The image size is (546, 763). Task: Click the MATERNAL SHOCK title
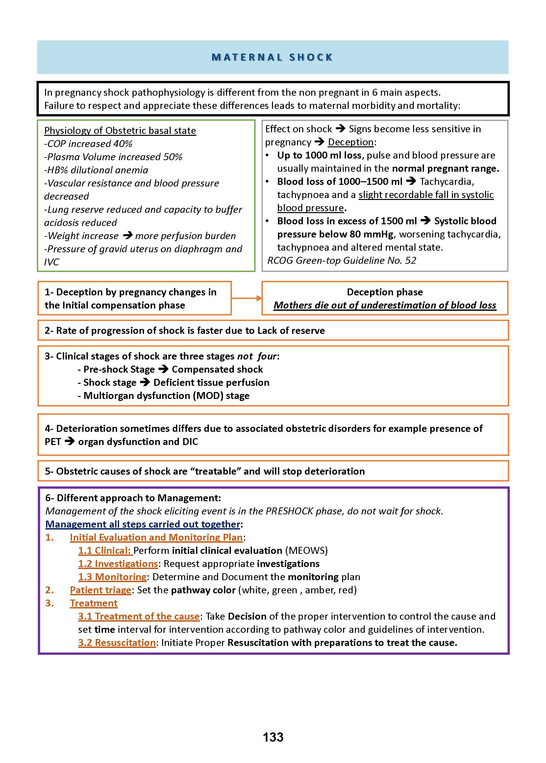point(272,57)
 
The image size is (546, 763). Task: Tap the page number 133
point(273,737)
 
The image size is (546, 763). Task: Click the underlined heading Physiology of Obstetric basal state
point(120,131)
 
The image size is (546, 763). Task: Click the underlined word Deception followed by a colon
point(351,142)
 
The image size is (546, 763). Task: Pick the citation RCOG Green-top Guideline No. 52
point(342,260)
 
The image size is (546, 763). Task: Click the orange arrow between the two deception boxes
point(246,298)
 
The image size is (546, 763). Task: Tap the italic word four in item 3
point(267,356)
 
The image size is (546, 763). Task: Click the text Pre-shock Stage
point(119,369)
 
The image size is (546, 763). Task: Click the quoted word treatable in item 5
point(215,471)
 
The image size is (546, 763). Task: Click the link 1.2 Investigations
point(118,564)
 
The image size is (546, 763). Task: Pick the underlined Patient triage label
point(101,590)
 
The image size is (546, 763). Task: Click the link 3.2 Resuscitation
point(117,643)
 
